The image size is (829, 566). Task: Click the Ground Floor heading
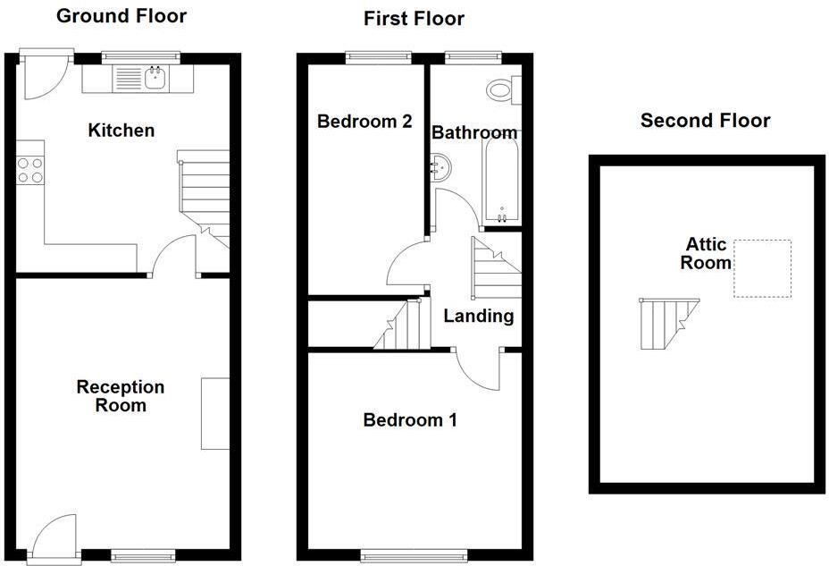(121, 15)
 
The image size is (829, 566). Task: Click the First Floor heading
(414, 18)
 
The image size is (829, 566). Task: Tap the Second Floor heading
(705, 121)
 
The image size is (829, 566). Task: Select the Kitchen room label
(121, 131)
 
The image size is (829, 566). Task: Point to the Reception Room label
(121, 395)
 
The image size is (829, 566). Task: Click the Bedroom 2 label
(364, 122)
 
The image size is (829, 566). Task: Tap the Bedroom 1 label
(410, 419)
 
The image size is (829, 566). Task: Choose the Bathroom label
(474, 133)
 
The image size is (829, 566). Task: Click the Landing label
(479, 316)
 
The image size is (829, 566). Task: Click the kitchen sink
(155, 79)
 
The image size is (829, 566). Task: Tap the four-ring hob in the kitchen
(30, 169)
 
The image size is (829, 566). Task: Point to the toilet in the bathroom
(500, 89)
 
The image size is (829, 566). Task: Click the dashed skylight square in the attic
(762, 268)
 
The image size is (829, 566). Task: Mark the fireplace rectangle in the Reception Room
(214, 413)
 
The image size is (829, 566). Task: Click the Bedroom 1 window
(414, 555)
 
